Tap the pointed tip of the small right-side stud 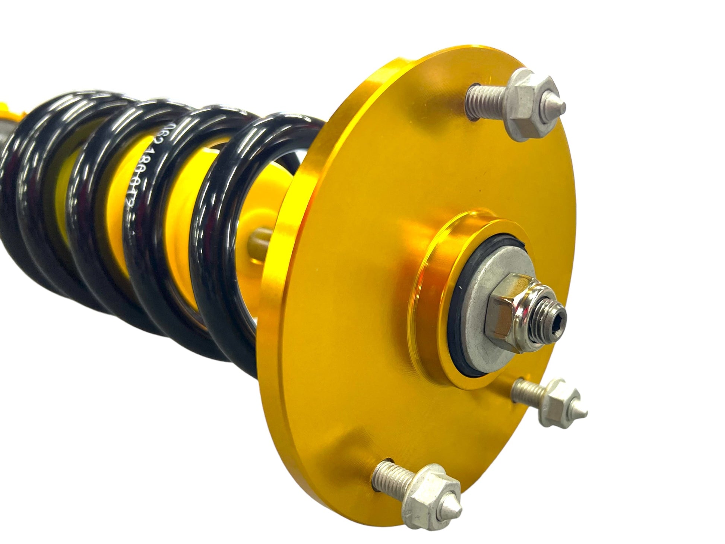point(585,413)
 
